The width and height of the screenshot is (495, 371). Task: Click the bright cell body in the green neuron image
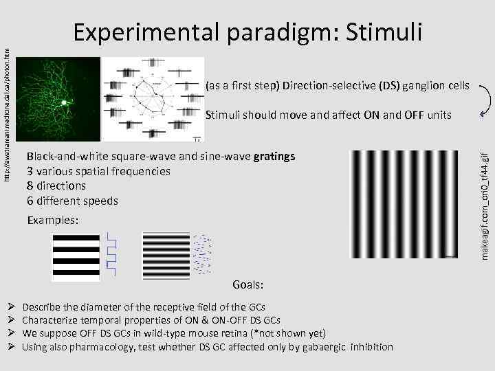(65, 102)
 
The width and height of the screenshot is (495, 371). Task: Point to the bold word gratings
(274, 156)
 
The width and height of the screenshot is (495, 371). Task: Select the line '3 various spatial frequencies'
(98, 171)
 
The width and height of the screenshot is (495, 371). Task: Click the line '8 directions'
(56, 185)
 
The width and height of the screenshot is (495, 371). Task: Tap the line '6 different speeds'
(72, 201)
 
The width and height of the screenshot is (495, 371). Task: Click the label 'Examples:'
(54, 221)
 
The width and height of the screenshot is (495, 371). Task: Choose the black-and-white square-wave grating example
(78, 254)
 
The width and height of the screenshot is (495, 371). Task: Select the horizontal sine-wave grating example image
(166, 254)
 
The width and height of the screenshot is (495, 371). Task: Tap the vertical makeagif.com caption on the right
(485, 206)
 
